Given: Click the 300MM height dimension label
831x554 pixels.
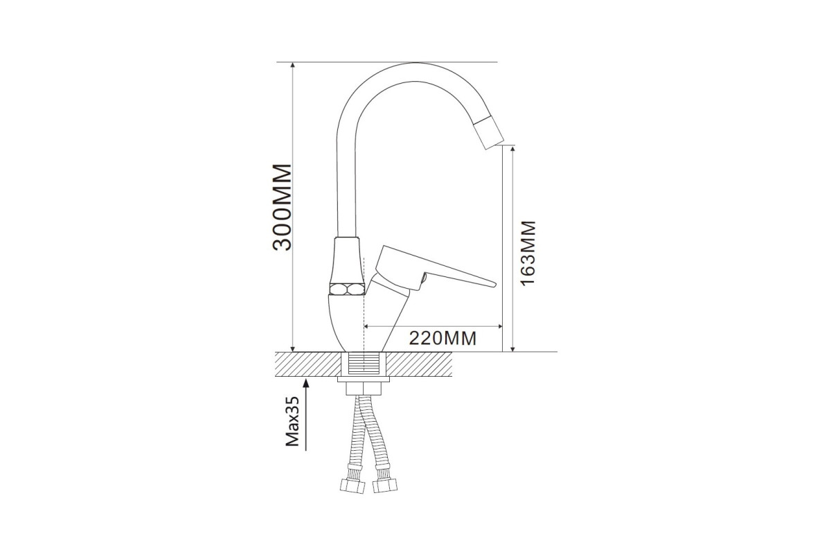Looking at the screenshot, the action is coord(283,207).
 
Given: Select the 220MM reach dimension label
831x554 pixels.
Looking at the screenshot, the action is coord(443,338).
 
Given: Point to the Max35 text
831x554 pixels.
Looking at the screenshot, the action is coord(293,422).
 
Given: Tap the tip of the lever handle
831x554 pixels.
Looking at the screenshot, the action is coord(494,284).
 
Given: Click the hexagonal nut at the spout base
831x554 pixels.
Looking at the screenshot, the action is coord(347,289).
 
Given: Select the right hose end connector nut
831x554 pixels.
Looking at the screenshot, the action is coord(385,485).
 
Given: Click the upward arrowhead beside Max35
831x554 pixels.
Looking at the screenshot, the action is coord(306,382).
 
